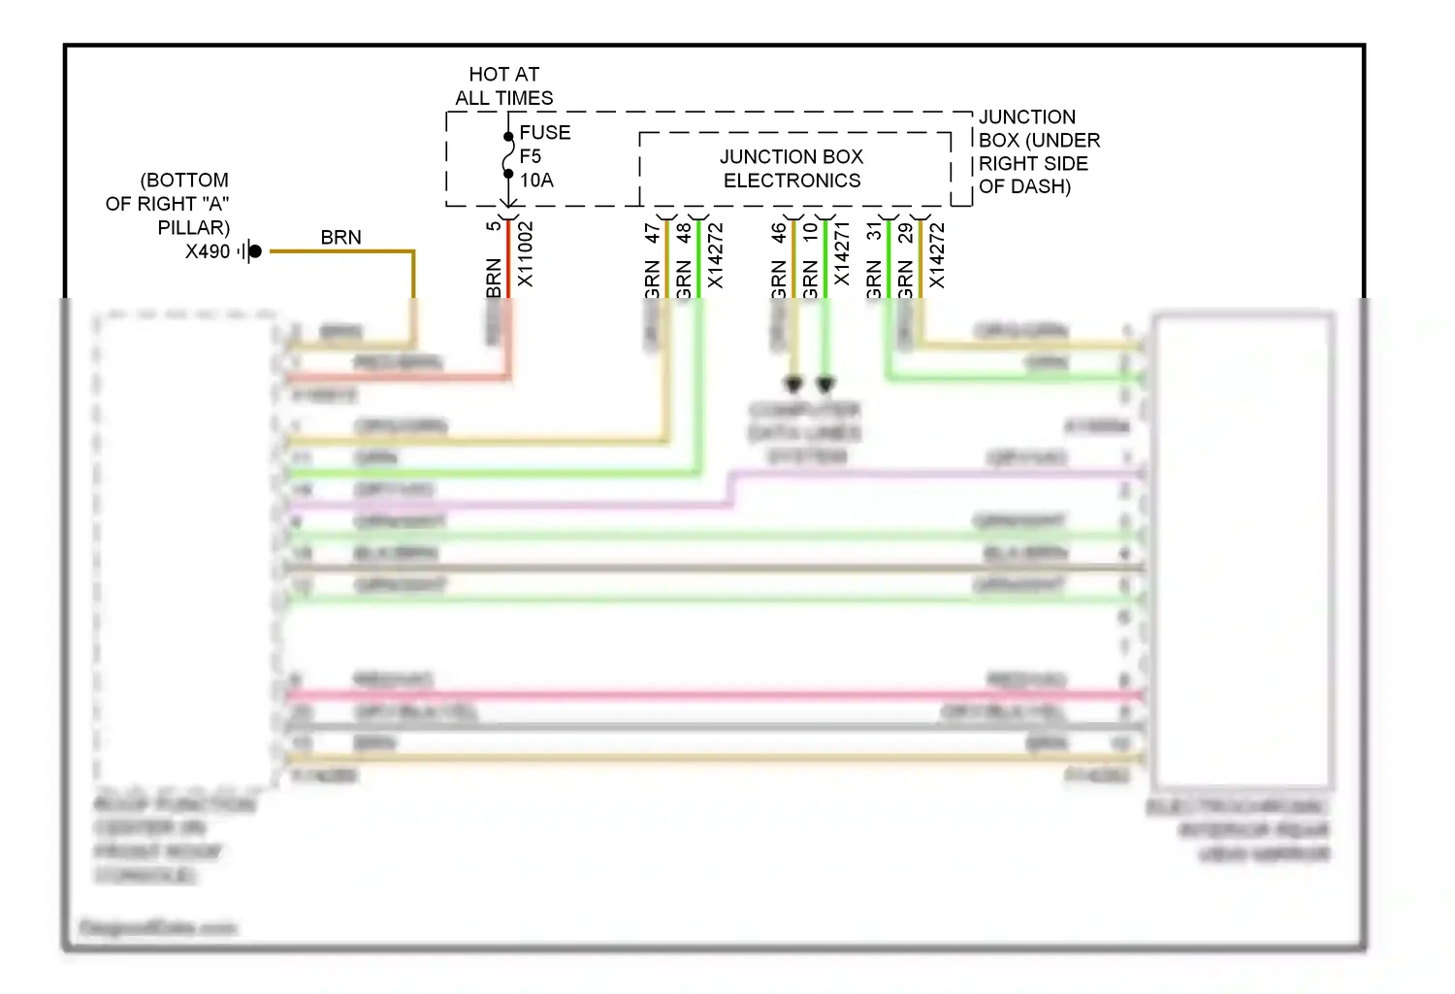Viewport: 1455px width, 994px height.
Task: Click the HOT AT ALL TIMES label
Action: [503, 86]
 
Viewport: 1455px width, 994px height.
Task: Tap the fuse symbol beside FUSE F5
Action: [507, 155]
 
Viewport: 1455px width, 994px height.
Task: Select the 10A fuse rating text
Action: [536, 181]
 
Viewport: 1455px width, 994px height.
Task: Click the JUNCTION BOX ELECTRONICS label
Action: [792, 169]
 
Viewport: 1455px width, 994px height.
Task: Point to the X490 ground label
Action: [208, 252]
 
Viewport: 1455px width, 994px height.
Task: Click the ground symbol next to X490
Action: [250, 252]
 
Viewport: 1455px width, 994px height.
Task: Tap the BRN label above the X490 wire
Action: [340, 238]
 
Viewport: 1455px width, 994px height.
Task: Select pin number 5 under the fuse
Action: [493, 226]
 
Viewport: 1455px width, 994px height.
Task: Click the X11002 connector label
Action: [525, 254]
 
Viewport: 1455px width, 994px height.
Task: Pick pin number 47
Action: [652, 233]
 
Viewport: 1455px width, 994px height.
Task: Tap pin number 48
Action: [684, 233]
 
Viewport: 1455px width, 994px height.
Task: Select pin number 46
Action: [779, 233]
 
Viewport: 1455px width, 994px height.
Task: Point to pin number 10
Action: [811, 233]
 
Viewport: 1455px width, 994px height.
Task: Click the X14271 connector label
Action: [842, 254]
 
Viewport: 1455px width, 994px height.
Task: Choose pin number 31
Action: [874, 231]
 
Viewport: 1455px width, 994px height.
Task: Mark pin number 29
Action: [905, 233]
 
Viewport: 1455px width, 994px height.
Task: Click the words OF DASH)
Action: [1024, 186]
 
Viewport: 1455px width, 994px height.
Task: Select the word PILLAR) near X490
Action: [194, 228]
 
